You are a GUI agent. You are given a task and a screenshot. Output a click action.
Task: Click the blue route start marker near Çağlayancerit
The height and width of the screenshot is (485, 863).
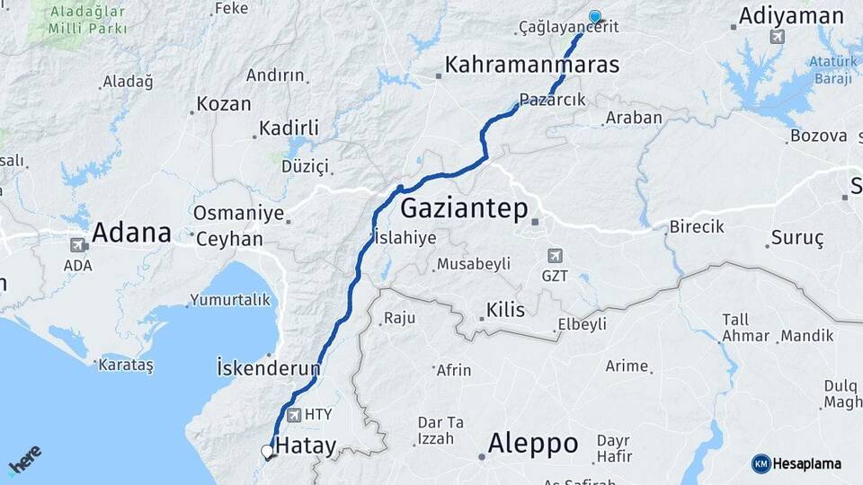pyautogui.click(x=594, y=16)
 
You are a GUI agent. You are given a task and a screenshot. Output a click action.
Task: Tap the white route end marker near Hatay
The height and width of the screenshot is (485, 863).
pyautogui.click(x=267, y=451)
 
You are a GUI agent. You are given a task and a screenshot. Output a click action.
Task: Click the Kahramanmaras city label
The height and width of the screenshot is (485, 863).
pyautogui.click(x=532, y=65)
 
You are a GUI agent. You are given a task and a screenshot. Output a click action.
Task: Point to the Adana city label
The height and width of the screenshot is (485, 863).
pyautogui.click(x=131, y=233)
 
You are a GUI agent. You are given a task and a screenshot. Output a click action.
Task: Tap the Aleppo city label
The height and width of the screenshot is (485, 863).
pyautogui.click(x=532, y=443)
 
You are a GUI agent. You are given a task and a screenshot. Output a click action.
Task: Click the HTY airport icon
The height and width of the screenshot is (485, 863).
pyautogui.click(x=294, y=415)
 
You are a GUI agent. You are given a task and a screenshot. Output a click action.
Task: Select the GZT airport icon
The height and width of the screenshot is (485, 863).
pyautogui.click(x=555, y=256)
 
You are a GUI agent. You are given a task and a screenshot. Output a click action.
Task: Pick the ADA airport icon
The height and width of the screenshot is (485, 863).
pyautogui.click(x=77, y=244)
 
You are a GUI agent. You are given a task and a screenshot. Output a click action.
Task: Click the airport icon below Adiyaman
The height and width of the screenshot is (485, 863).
pyautogui.click(x=777, y=37)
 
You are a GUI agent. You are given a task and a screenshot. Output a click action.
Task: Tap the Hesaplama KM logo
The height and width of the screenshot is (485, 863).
pyautogui.click(x=796, y=463)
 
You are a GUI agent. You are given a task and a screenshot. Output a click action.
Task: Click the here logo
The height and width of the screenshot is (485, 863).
pyautogui.click(x=25, y=459)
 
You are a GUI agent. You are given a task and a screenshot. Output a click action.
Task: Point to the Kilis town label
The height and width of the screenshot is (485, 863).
pyautogui.click(x=504, y=310)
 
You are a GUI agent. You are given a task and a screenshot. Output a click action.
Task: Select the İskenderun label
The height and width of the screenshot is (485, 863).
pyautogui.click(x=268, y=367)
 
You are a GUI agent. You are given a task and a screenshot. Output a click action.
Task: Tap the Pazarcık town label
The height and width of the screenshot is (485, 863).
pyautogui.click(x=552, y=101)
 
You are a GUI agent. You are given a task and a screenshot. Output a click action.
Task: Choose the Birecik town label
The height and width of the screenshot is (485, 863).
pyautogui.click(x=696, y=227)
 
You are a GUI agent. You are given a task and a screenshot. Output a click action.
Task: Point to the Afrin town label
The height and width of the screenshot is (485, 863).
pyautogui.click(x=453, y=370)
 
